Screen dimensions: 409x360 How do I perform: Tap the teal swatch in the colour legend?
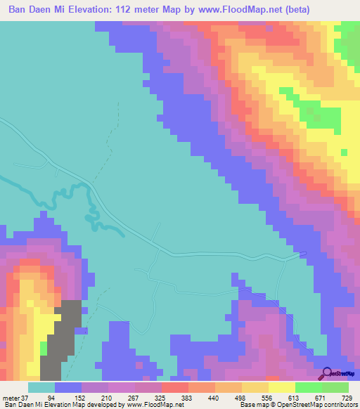(x=41, y=387)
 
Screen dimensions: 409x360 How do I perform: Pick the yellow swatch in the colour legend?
(x=282, y=387)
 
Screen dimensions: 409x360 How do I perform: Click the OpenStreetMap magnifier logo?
(x=328, y=372)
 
